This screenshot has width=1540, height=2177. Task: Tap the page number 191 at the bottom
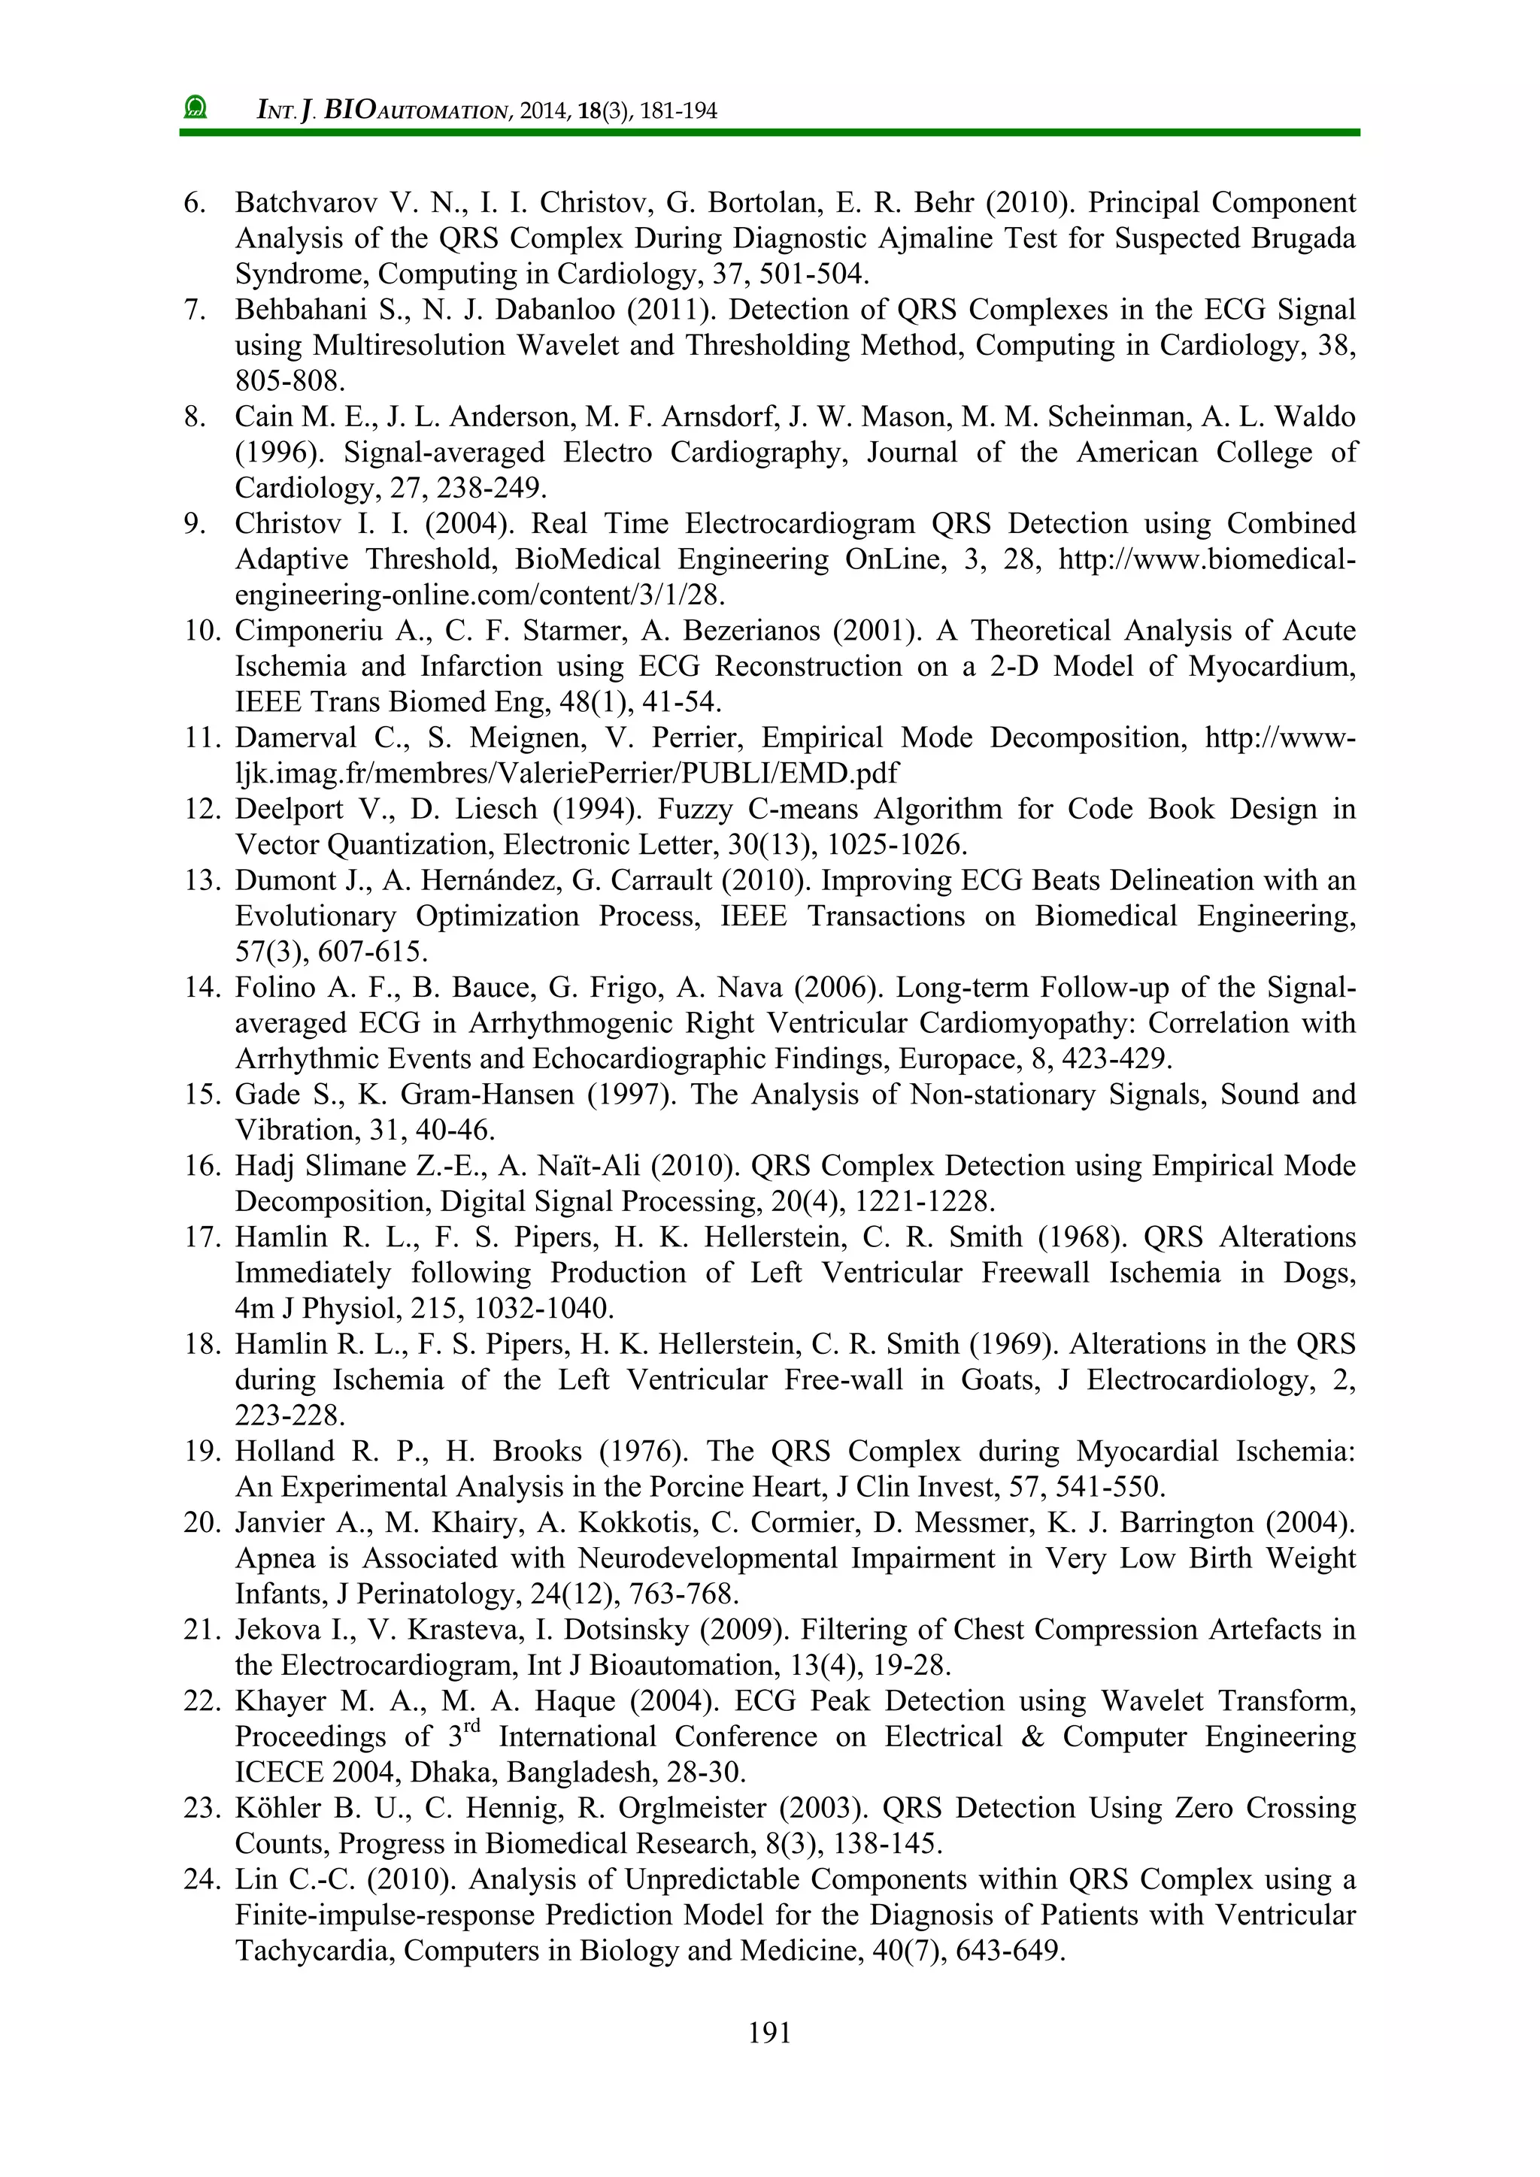coord(769,2032)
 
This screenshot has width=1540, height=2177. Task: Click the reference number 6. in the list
coord(195,203)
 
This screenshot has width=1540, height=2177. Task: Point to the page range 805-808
coord(290,381)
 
